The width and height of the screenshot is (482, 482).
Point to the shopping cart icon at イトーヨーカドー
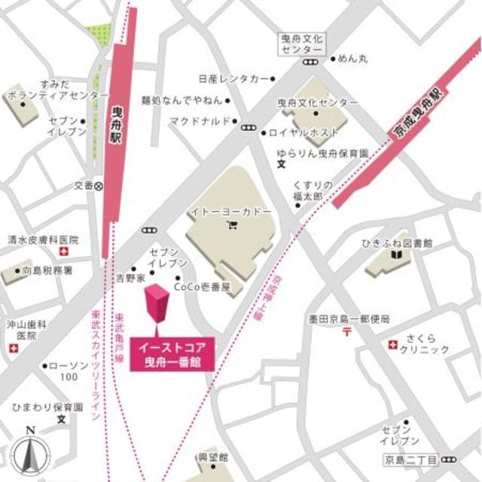pyautogui.click(x=231, y=224)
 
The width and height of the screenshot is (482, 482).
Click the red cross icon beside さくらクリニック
pyautogui.click(x=392, y=344)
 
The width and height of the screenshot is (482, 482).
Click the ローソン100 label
pyautogui.click(x=70, y=371)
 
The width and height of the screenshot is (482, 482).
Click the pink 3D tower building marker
pyautogui.click(x=158, y=307)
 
